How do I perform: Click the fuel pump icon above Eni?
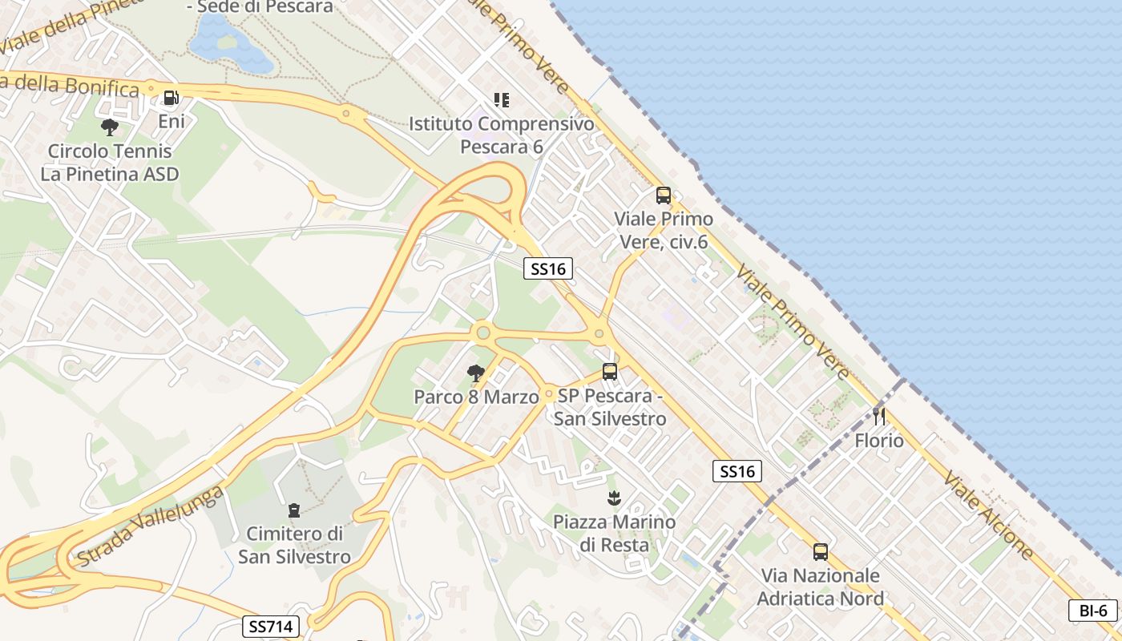coord(171,99)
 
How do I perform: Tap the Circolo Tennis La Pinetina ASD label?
coord(110,163)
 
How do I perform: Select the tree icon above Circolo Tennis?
coord(110,127)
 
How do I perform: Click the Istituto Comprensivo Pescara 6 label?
coord(502,135)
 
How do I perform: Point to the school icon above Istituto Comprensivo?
coord(502,100)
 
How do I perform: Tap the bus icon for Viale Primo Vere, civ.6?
coord(663,195)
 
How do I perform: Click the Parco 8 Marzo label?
coord(476,397)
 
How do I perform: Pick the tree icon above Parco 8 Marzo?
coord(476,373)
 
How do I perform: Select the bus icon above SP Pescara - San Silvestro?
coord(610,372)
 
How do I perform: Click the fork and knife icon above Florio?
coord(879,416)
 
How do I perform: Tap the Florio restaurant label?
coord(879,441)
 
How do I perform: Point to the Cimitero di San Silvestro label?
coord(294,545)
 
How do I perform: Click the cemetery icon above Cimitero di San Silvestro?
coord(294,510)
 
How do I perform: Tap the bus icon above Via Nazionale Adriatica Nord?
coord(820,551)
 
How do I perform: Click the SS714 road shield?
coord(271,626)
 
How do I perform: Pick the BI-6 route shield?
coord(1093,610)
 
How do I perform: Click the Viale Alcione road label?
coord(988,514)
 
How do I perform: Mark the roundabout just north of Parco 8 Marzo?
coord(482,332)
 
